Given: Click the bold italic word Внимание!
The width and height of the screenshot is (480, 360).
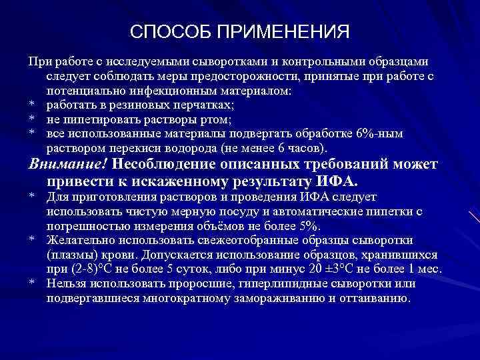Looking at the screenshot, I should (x=68, y=164).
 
